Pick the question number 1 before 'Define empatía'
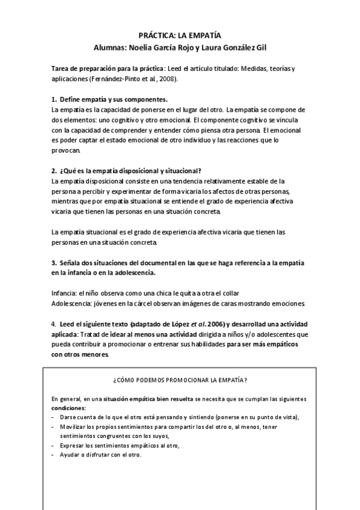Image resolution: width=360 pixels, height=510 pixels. tap(53, 99)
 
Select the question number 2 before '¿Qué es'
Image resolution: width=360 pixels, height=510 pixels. tap(53, 171)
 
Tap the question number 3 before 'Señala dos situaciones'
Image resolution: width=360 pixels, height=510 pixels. tap(53, 263)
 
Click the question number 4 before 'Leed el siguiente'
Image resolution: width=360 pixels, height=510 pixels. tap(53, 324)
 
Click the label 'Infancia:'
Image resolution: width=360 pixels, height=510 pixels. tap(66, 292)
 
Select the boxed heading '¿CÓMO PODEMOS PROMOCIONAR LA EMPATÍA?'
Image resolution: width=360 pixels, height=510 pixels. tap(180, 380)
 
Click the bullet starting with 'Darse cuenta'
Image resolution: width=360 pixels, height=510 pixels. tap(180, 417)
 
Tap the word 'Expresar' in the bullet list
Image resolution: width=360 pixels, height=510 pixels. tap(73, 446)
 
